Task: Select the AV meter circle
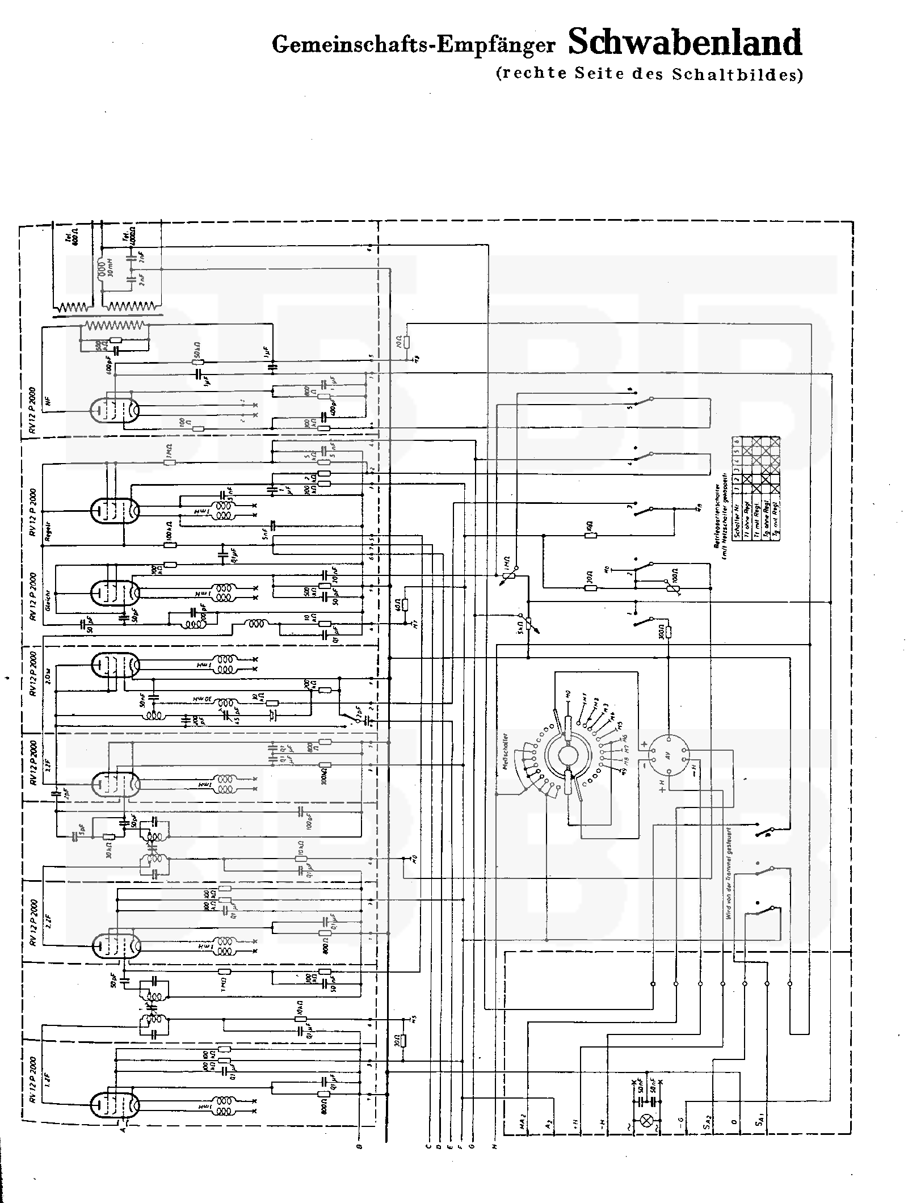click(x=669, y=757)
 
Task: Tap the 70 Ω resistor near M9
click(x=407, y=342)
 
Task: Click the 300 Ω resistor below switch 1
click(x=669, y=633)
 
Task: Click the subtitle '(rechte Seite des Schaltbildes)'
click(x=649, y=74)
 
